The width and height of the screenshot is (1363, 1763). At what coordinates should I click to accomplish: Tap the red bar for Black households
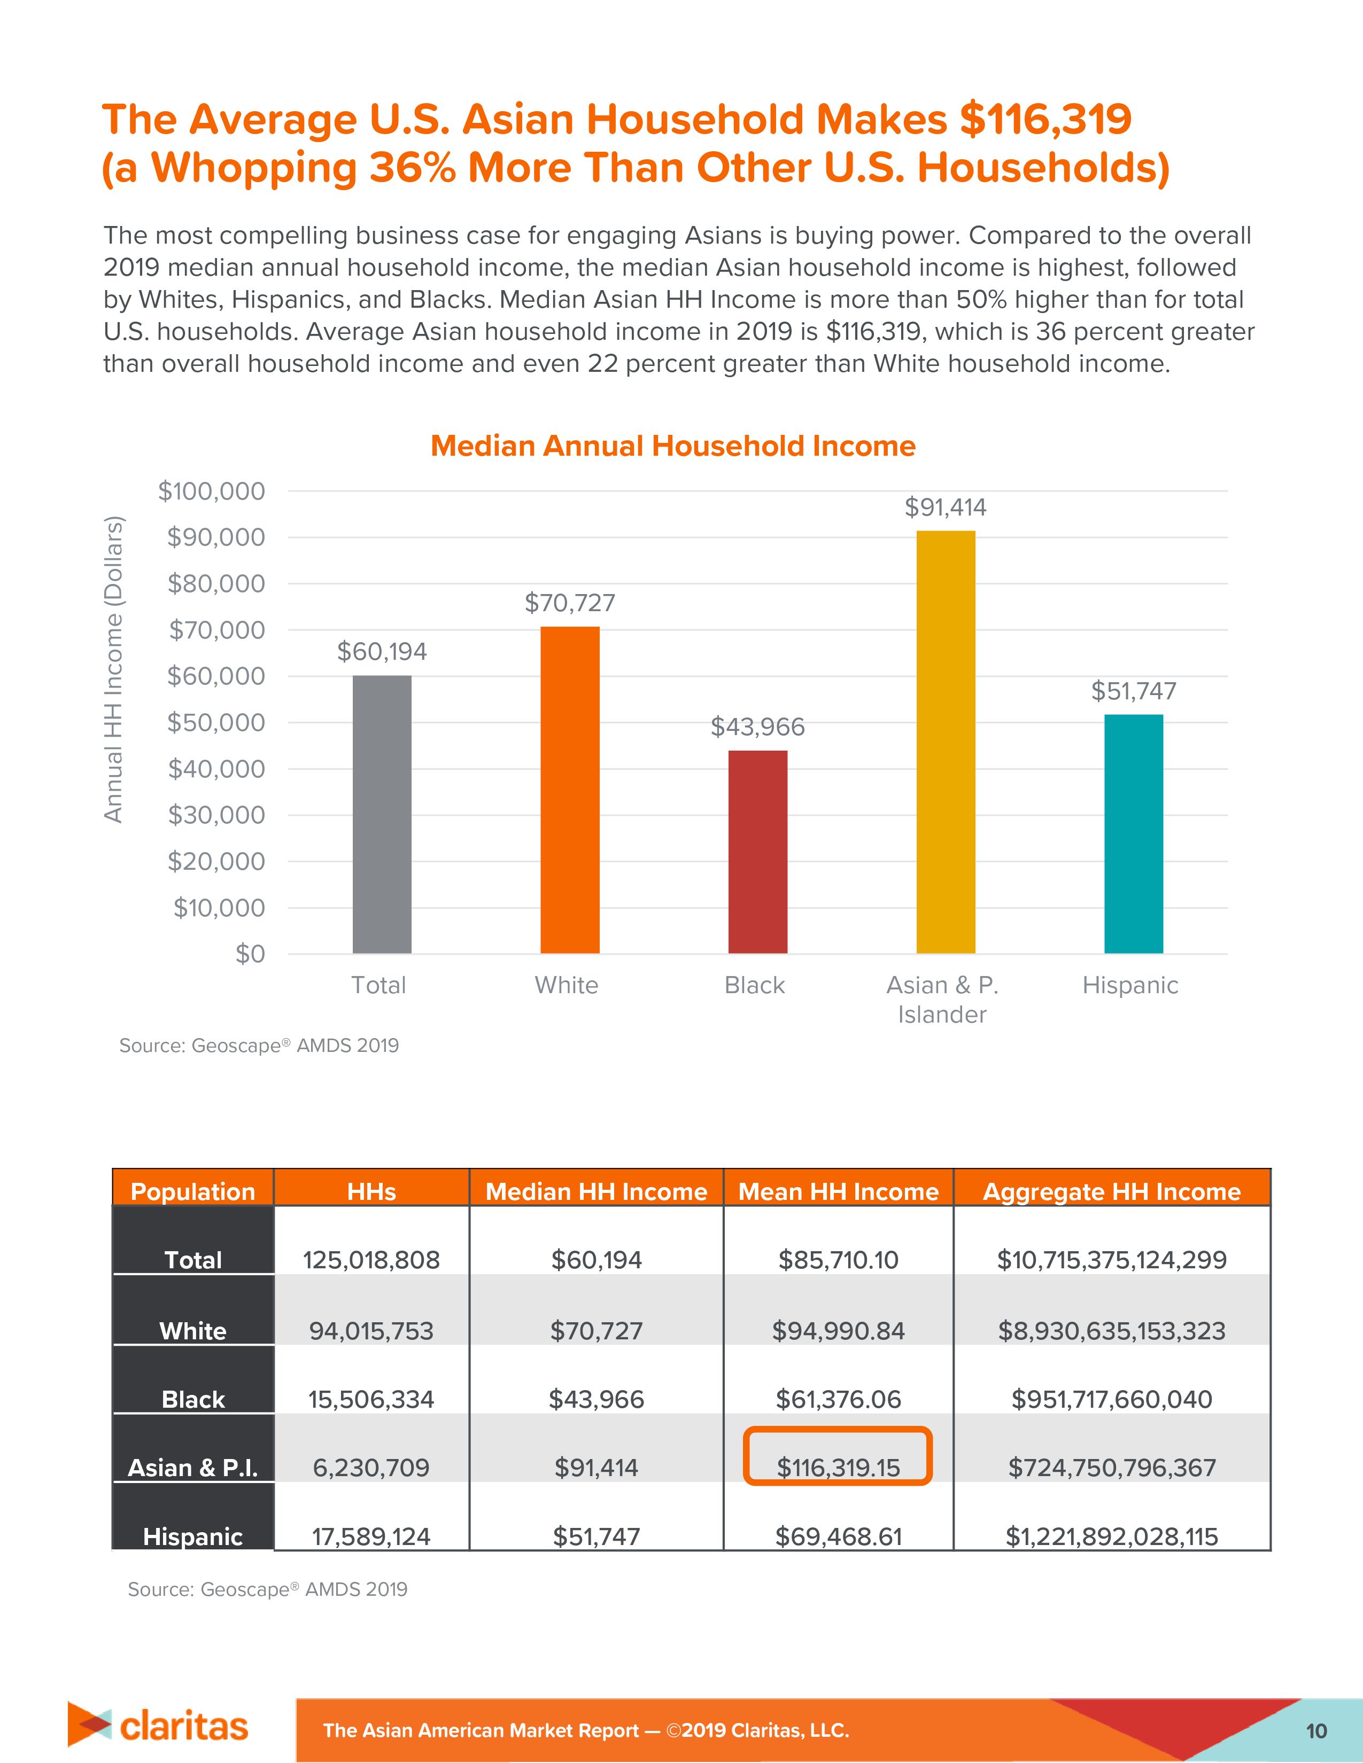(757, 852)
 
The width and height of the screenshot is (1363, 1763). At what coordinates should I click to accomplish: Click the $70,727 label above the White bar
(570, 603)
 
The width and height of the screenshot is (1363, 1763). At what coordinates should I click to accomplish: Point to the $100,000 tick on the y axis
(212, 491)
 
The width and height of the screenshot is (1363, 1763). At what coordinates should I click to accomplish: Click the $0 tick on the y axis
(250, 954)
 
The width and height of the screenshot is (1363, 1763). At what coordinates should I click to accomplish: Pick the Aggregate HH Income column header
(1111, 1191)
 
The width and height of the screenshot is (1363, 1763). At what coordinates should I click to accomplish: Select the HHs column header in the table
(371, 1191)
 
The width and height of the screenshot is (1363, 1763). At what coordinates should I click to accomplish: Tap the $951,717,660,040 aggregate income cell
(1111, 1399)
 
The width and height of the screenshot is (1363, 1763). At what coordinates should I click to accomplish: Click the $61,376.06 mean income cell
(838, 1399)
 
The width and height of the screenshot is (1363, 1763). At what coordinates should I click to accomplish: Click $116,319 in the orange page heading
(1045, 120)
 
